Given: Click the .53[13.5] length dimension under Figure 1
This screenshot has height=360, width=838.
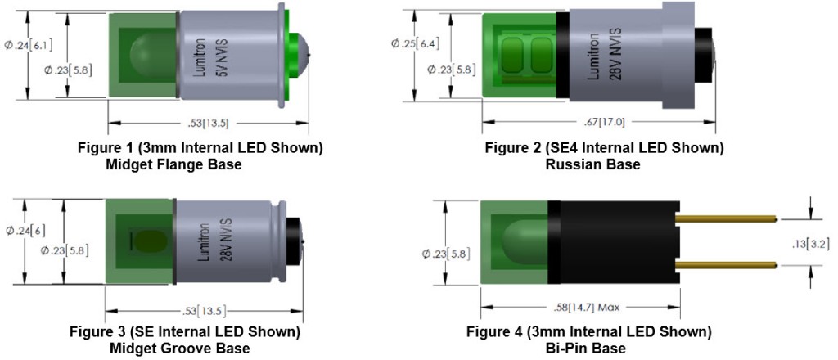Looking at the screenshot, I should [x=208, y=124].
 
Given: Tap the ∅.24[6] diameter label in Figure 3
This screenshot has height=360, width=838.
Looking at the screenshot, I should [x=26, y=230].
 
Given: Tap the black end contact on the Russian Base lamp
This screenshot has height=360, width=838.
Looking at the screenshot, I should [x=705, y=54].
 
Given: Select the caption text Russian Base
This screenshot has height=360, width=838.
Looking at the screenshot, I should [x=592, y=164].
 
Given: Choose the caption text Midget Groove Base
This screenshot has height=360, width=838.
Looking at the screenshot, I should [x=179, y=349].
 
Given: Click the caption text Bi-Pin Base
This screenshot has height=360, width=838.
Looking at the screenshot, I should [x=588, y=349].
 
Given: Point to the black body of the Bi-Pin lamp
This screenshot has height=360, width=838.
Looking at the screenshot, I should [x=622, y=241].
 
